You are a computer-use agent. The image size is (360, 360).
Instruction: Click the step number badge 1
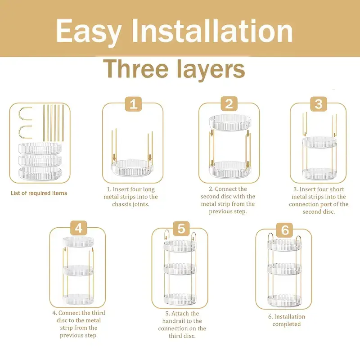[x=133, y=104]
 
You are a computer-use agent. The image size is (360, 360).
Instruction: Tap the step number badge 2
[x=229, y=104]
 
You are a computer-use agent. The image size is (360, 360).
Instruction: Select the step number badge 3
[x=319, y=104]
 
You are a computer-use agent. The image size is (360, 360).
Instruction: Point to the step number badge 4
[x=78, y=228]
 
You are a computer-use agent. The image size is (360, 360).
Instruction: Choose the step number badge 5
[x=181, y=229]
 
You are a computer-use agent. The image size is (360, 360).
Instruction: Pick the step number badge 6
[x=285, y=230]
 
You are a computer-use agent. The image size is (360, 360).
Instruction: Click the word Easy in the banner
[x=89, y=31]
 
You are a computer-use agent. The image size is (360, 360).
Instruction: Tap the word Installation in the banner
[x=212, y=31]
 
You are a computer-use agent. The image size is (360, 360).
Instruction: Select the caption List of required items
[x=39, y=193]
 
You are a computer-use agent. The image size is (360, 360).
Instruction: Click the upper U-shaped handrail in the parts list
[x=25, y=113]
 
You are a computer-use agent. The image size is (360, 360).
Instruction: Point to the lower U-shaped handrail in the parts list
[x=25, y=132]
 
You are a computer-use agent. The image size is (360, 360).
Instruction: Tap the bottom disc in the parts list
[x=40, y=174]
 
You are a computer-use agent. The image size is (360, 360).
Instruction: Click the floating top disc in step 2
[x=230, y=122]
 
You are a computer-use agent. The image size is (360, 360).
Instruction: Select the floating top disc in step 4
[x=78, y=242]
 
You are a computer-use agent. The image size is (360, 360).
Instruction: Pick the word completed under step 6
[x=287, y=324]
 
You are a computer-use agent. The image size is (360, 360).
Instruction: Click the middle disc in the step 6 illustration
[x=284, y=269]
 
